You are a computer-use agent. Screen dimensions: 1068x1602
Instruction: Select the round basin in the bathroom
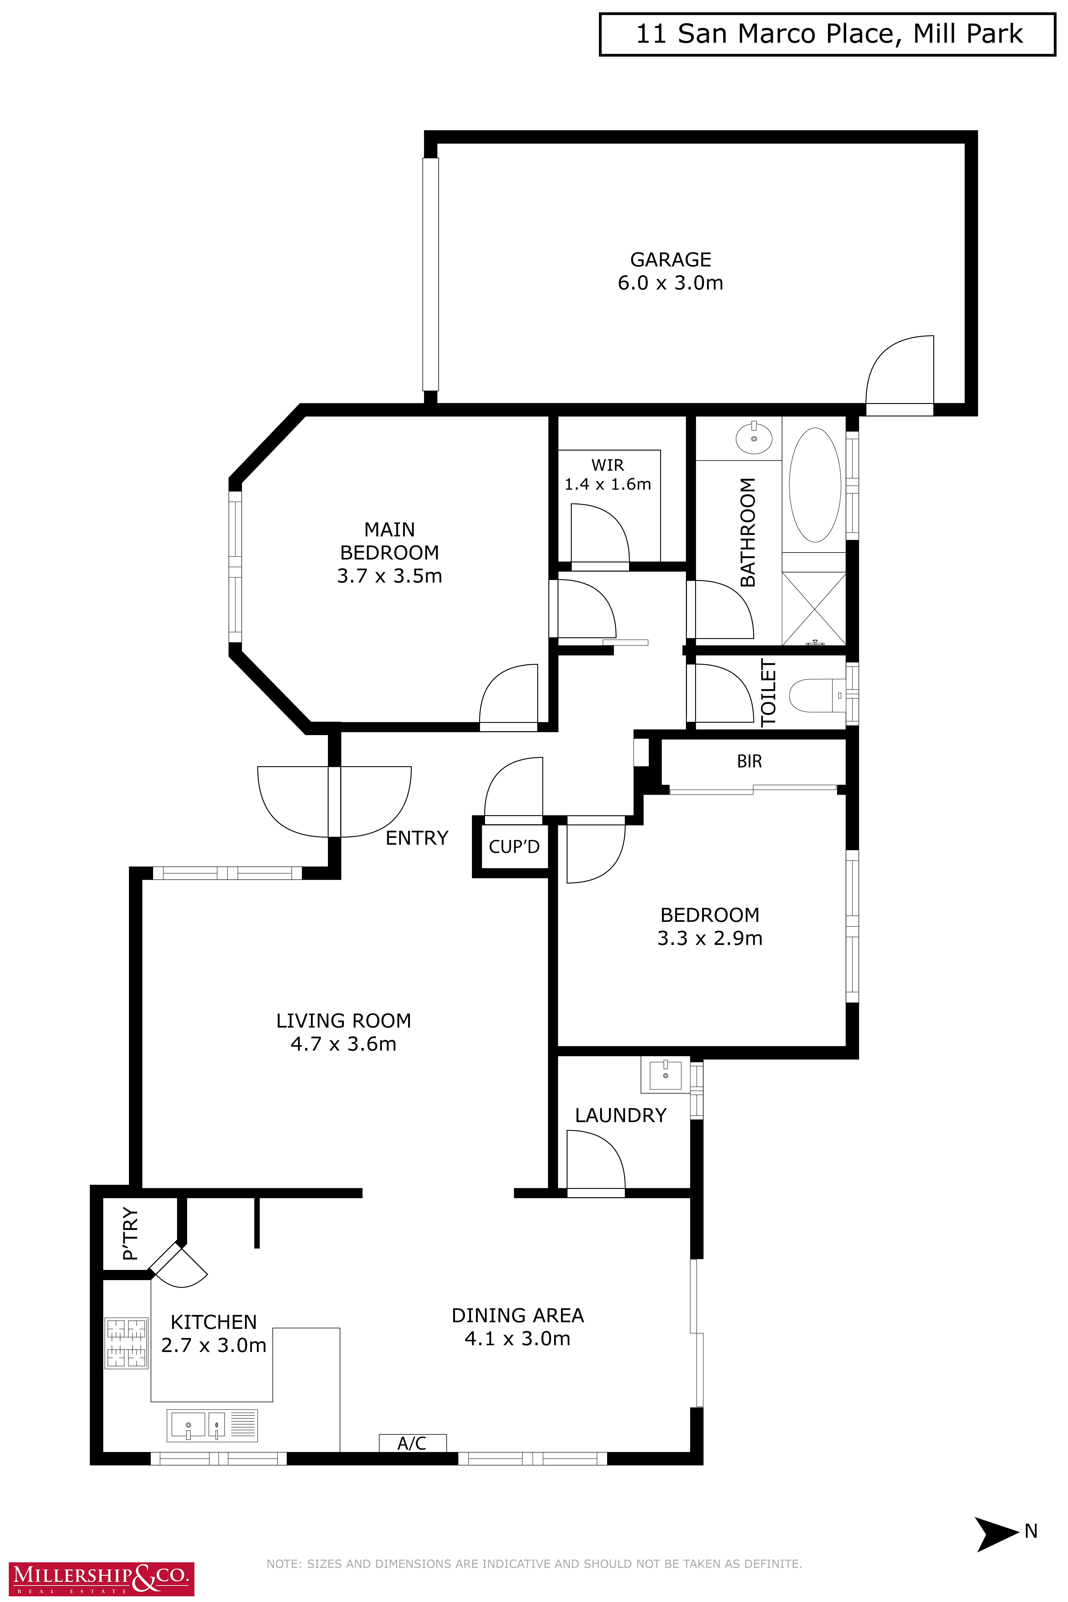754,437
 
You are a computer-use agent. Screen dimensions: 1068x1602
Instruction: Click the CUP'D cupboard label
514,847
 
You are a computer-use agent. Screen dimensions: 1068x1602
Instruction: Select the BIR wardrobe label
749,761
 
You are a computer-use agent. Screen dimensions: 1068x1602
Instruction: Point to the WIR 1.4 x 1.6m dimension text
608,484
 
